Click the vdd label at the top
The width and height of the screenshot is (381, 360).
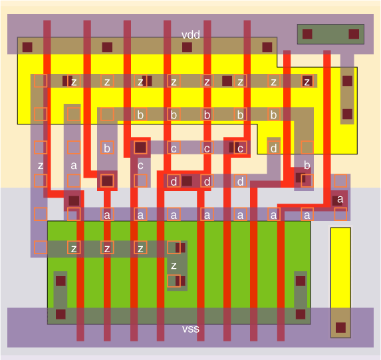tap(191, 35)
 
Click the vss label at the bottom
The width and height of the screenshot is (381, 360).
tap(191, 329)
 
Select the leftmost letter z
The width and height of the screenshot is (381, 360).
tap(41, 166)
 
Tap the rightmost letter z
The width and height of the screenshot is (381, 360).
tap(307, 81)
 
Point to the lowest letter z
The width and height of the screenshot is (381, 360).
tap(174, 266)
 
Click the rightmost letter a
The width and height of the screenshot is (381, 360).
tap(340, 199)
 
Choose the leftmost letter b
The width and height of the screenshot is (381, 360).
tap(107, 148)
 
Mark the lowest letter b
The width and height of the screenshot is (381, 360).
tap(307, 166)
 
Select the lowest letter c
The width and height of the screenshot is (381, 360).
tap(140, 166)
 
